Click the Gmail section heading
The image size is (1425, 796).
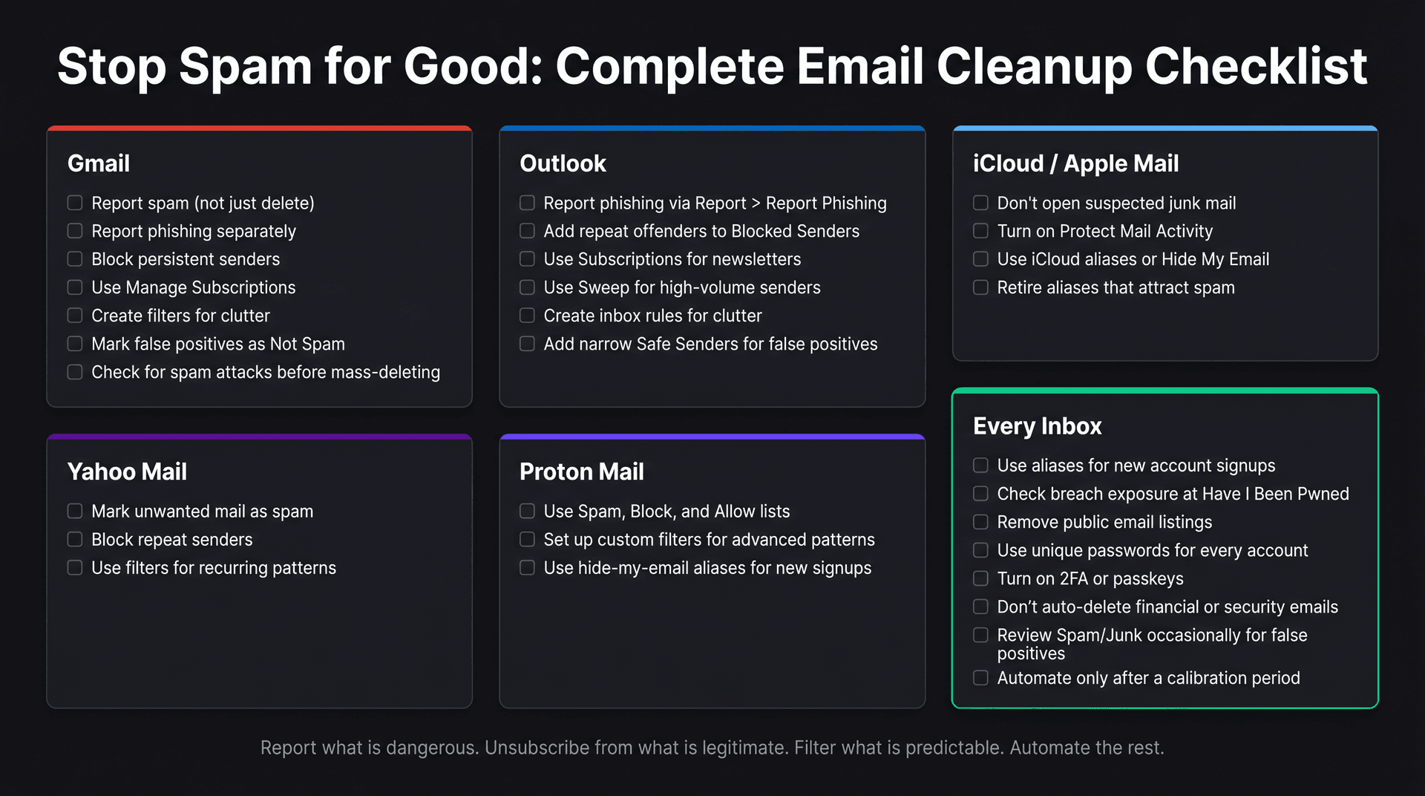pos(98,163)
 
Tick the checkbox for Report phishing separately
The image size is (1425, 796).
pos(75,231)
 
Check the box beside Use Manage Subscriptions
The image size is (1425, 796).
pos(75,287)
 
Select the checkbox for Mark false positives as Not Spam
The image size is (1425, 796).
pos(75,344)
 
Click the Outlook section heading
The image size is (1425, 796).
pos(563,163)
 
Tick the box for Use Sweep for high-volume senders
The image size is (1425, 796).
pos(527,287)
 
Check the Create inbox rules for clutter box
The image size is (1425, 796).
pos(527,316)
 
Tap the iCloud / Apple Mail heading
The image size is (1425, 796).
pos(1075,163)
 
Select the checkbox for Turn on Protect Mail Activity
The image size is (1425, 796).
pos(980,231)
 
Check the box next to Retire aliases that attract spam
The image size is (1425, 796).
pos(980,287)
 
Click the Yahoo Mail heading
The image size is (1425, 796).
pos(127,472)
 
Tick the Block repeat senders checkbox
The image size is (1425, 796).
pos(75,539)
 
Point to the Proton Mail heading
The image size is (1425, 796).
pos(581,472)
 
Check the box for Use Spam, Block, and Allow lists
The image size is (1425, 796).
pos(527,511)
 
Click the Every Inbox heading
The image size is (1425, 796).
pos(1037,426)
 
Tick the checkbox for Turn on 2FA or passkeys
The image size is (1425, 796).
pos(980,578)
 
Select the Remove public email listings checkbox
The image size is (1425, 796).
pos(980,522)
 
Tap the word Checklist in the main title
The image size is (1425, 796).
pos(1256,67)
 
